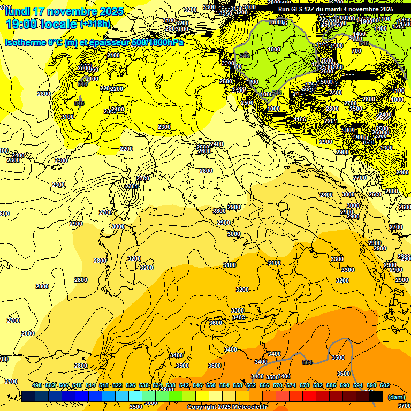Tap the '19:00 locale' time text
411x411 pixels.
click(41, 24)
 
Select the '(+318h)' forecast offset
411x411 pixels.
click(95, 24)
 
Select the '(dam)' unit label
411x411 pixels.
click(395, 397)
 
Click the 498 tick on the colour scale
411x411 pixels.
click(37, 386)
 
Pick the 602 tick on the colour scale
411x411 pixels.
click(385, 386)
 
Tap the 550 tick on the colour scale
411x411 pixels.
click(211, 386)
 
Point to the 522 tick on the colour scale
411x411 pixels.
click(117, 386)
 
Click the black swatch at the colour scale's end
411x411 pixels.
click(376, 396)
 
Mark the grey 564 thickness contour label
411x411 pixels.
click(307, 362)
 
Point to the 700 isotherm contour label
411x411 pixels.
click(356, 51)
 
